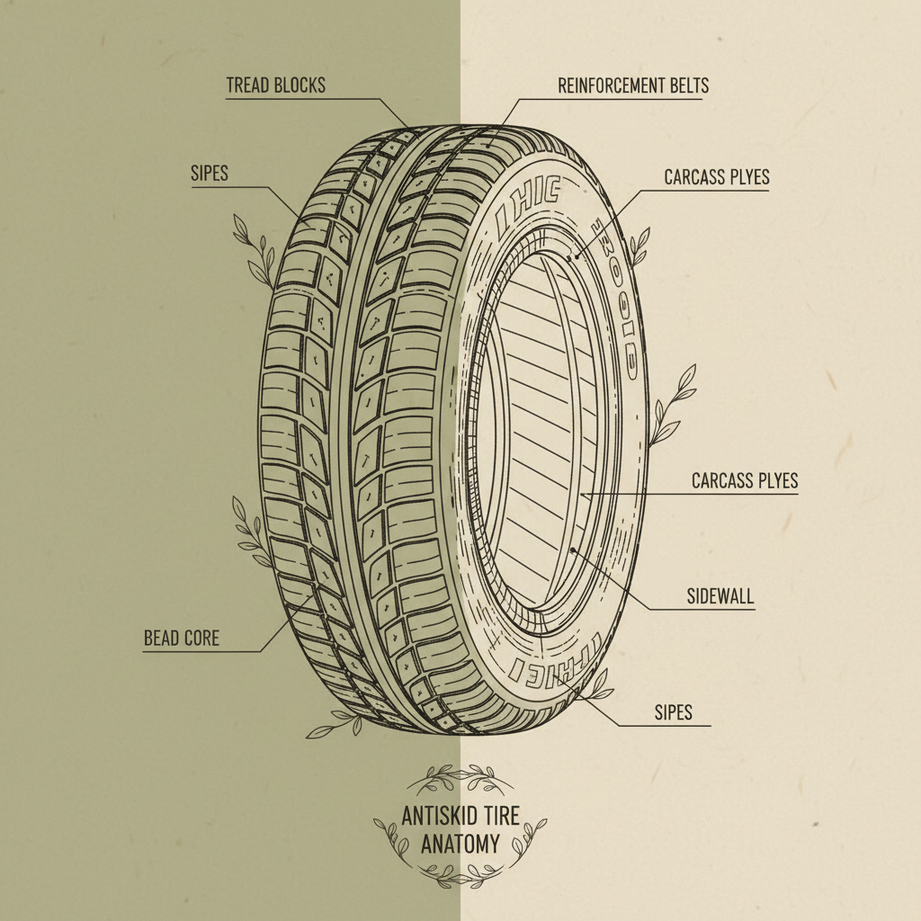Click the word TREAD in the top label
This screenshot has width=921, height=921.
click(246, 86)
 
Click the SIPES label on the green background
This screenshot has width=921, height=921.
click(210, 174)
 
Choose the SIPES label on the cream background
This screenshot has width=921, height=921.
click(674, 713)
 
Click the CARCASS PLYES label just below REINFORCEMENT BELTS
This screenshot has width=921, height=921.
click(717, 177)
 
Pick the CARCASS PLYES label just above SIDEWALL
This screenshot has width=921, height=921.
click(745, 481)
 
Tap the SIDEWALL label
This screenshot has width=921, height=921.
click(719, 596)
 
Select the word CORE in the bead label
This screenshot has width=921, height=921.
click(202, 639)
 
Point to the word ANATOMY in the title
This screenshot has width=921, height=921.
click(460, 845)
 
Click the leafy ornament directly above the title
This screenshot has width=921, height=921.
click(460, 774)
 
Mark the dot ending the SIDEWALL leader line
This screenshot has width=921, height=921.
click(573, 549)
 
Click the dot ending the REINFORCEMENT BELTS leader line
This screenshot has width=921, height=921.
click(490, 142)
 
